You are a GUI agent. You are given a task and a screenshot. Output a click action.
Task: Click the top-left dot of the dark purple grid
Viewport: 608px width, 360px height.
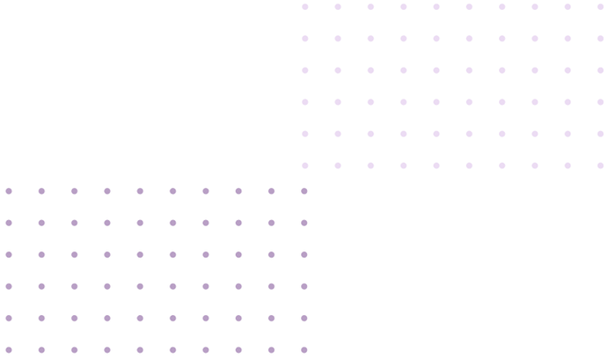tap(9, 191)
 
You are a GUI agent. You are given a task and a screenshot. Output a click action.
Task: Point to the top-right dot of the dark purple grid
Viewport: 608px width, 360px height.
tap(304, 191)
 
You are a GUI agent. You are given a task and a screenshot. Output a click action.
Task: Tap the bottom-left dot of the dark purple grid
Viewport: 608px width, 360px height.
tap(9, 349)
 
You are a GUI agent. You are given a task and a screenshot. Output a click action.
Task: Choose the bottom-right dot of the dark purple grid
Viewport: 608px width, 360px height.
tap(304, 349)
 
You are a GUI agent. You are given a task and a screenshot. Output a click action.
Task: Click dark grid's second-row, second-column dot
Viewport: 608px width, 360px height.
tap(41, 223)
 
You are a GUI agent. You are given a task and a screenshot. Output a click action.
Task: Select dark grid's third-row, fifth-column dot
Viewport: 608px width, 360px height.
tap(140, 254)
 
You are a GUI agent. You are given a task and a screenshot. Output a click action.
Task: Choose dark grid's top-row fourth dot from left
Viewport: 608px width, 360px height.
tap(107, 191)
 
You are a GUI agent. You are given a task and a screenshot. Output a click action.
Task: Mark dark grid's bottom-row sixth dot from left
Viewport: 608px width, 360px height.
tap(172, 349)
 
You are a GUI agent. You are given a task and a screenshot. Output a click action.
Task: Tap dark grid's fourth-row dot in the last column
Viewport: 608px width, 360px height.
tap(304, 286)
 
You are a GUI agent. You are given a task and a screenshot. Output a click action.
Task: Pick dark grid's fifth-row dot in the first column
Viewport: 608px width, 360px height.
tap(9, 318)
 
